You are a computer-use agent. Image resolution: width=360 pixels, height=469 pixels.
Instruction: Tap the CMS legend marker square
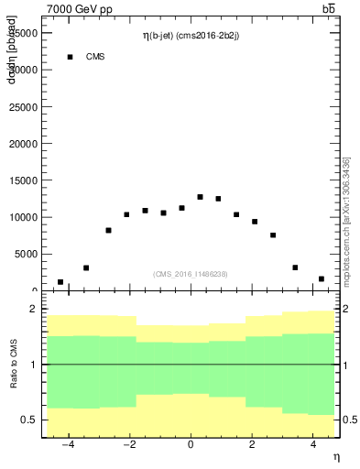[x=70, y=57]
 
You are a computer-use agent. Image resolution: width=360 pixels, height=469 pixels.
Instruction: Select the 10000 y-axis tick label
[x=24, y=217]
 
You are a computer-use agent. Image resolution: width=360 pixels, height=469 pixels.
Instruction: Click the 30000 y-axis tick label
[x=24, y=70]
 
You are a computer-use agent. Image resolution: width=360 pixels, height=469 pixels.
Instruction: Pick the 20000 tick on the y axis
[x=24, y=144]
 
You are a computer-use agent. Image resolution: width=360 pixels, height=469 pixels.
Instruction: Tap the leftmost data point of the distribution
[x=60, y=282]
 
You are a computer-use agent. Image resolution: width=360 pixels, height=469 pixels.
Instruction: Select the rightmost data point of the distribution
[x=322, y=278]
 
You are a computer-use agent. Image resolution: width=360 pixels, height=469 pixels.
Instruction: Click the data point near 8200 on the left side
[x=108, y=230]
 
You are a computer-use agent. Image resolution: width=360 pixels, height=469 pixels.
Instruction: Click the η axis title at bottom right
[x=335, y=457]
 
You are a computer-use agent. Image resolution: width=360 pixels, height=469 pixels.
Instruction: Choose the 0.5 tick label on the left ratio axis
[x=28, y=420]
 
